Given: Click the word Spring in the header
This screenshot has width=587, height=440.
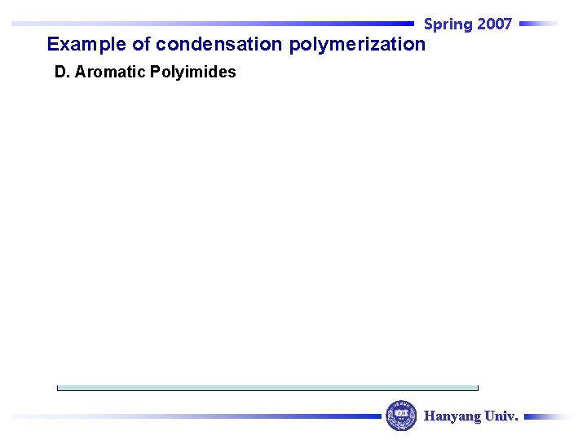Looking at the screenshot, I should click(448, 24).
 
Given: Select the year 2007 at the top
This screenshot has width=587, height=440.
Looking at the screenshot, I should click(494, 24).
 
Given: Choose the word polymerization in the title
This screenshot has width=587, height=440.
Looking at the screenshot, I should click(357, 44).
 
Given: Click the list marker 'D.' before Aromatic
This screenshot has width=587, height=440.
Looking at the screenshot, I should click(62, 72).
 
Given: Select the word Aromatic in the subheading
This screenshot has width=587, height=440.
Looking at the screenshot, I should click(110, 72).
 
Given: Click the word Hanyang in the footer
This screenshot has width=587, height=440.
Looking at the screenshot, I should click(452, 416).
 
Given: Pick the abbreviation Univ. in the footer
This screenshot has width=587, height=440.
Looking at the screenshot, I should click(501, 416).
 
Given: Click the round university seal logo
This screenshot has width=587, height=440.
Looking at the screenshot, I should click(401, 416).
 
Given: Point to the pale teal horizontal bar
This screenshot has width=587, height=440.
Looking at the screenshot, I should click(267, 388).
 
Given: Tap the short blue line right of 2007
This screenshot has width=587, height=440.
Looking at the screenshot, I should click(538, 24).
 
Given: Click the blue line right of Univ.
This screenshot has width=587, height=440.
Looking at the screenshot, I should click(548, 416).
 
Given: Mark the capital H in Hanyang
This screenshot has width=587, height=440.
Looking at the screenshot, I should click(430, 416).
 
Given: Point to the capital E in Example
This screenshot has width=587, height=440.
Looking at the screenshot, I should click(53, 44).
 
